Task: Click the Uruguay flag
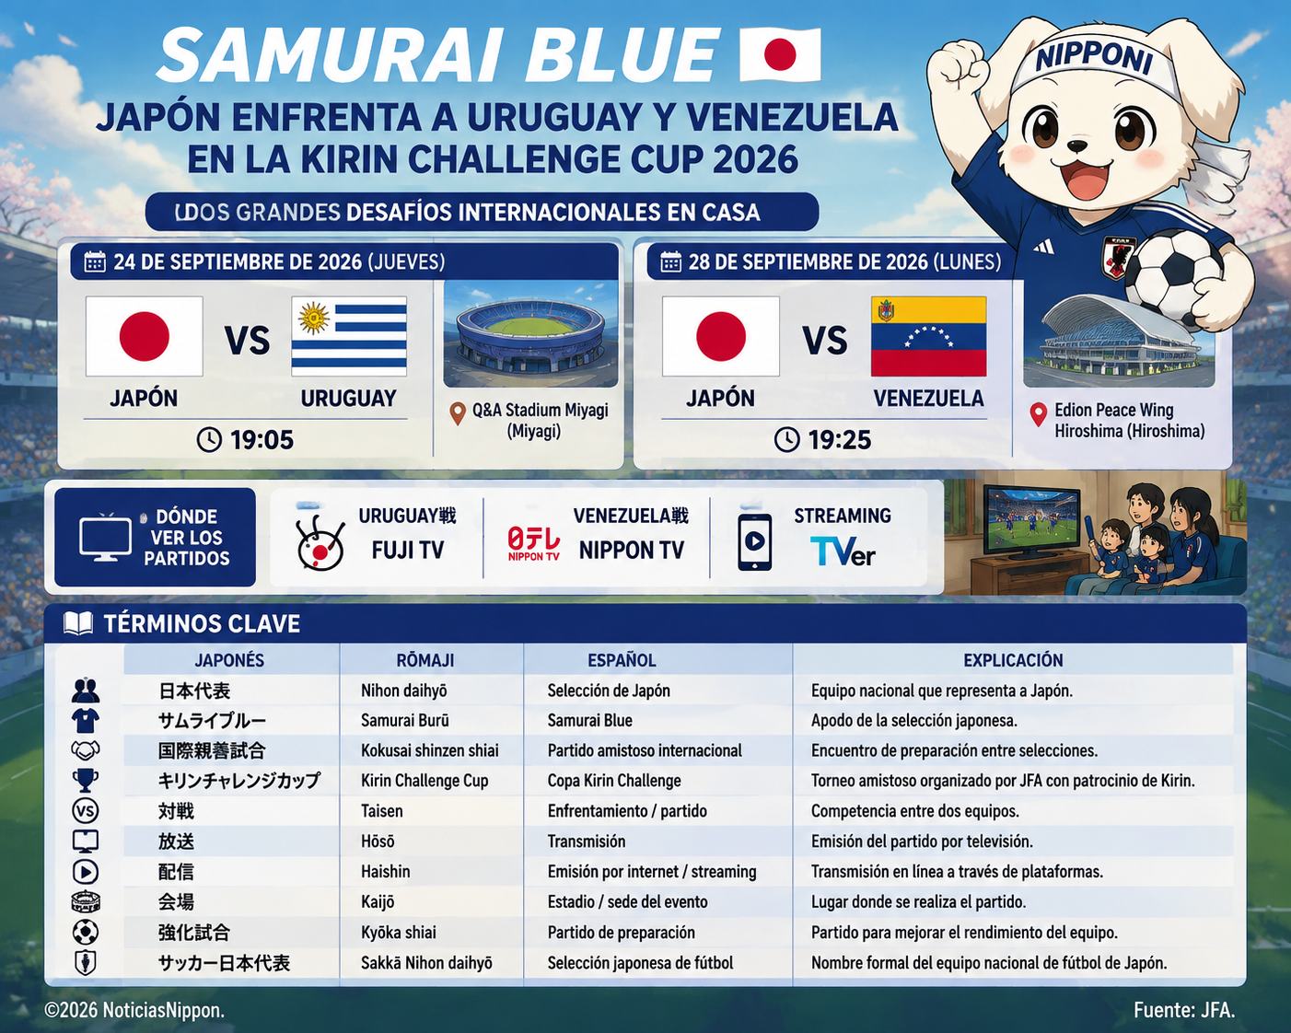[x=349, y=336]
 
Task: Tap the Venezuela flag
[x=928, y=336]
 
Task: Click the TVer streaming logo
[x=843, y=551]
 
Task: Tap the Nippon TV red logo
[x=533, y=543]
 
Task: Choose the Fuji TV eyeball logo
[x=320, y=543]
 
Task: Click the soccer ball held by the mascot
[x=1173, y=279]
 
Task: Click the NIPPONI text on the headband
[x=1094, y=58]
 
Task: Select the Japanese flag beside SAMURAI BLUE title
[x=780, y=54]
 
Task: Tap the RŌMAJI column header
[x=425, y=660]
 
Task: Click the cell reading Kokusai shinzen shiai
[x=429, y=750]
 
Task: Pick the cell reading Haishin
[x=385, y=871]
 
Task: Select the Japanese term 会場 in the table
[x=176, y=901]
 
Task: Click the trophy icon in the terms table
[x=86, y=781]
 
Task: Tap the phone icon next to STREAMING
[x=754, y=542]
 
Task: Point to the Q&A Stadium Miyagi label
[x=540, y=411]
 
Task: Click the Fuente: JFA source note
[x=1184, y=1010]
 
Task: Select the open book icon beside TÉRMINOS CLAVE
[x=78, y=623]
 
